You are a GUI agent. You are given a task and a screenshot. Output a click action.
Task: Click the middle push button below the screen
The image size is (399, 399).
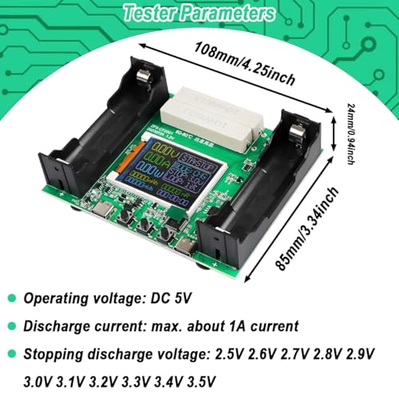[145, 227]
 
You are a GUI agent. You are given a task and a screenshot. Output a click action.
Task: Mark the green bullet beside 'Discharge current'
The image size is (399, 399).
[10, 325]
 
